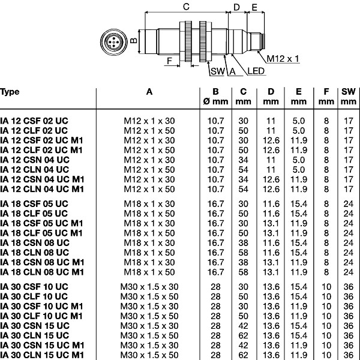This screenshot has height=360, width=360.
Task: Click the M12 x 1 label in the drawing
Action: [283, 59]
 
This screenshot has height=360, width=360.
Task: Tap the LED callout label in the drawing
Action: [256, 71]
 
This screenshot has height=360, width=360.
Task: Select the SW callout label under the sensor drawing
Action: [217, 71]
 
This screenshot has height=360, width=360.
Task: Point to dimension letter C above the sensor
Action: [186, 7]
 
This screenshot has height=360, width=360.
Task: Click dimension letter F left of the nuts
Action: [169, 61]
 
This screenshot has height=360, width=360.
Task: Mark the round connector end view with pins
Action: [113, 42]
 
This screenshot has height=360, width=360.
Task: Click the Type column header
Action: [10, 92]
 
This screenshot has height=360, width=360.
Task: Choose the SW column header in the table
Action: [349, 92]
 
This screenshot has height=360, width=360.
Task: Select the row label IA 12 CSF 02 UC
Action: [34, 121]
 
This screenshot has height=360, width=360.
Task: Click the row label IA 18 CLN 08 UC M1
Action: [42, 272]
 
